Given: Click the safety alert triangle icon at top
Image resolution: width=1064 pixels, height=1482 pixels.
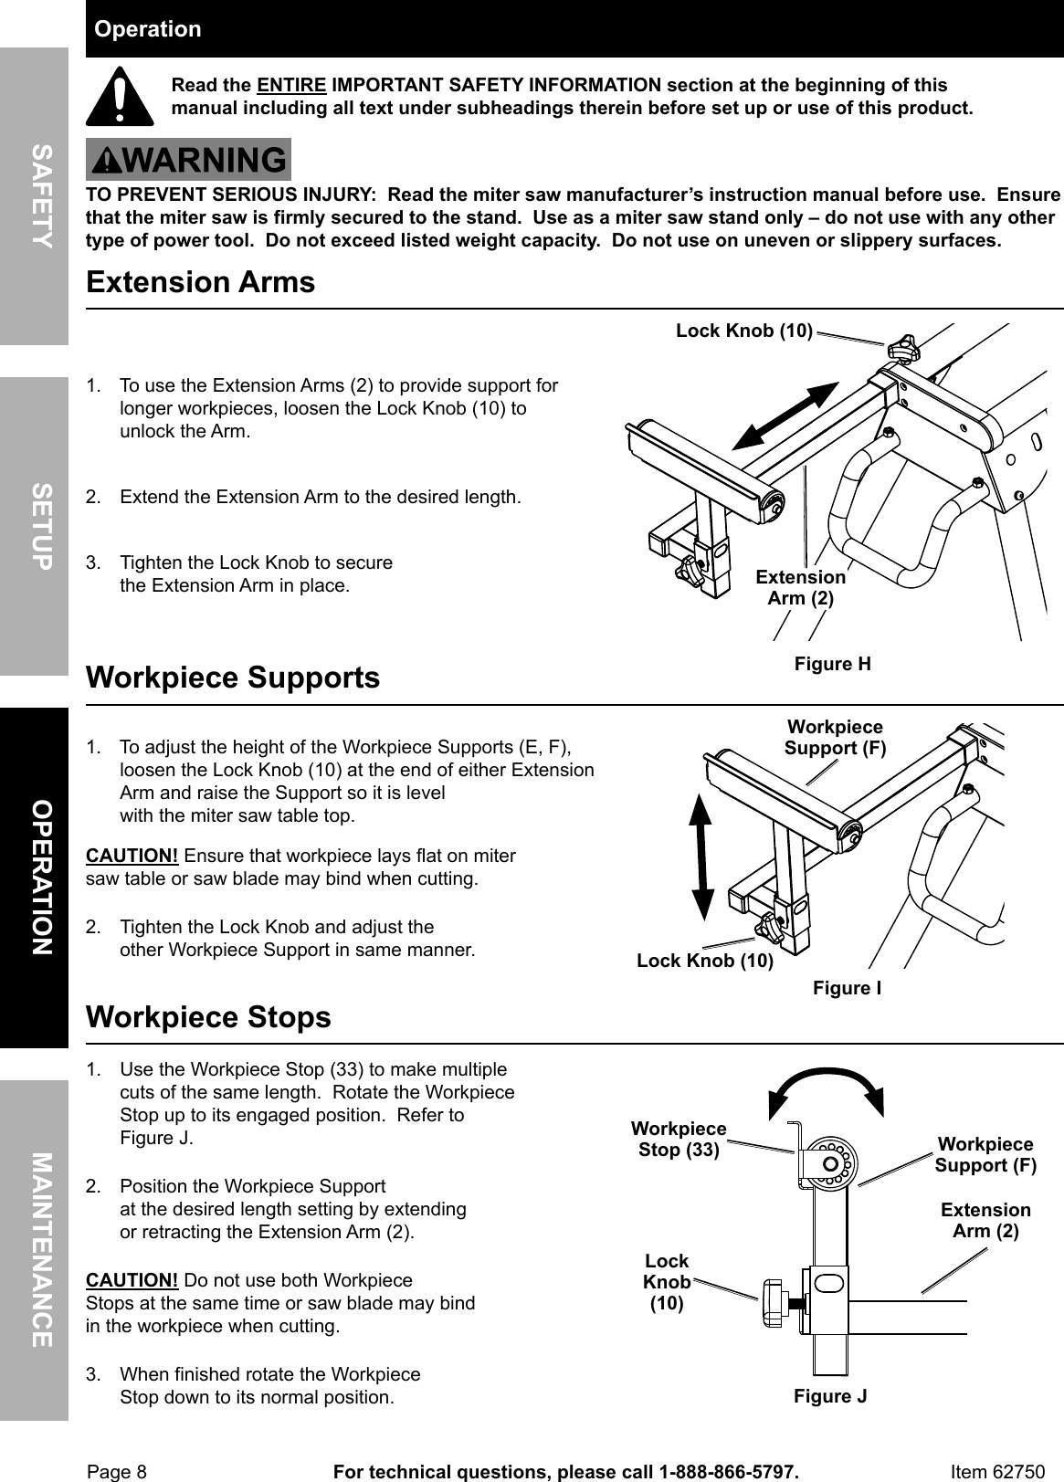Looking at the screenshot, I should [x=120, y=99].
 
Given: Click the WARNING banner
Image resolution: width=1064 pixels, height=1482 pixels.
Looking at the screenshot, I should [x=189, y=161].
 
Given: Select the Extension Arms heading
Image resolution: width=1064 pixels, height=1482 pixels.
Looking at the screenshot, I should [x=200, y=282].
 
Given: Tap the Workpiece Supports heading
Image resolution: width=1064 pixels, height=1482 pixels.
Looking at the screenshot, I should [x=233, y=678].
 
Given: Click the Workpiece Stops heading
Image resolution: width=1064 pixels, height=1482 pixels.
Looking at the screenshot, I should [x=208, y=1017].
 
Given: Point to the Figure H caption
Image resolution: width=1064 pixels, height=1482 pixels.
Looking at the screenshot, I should [x=832, y=664].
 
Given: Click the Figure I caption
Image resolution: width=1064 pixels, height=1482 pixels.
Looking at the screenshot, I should [x=847, y=988].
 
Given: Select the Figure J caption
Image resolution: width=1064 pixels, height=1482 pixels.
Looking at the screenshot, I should [x=830, y=1396].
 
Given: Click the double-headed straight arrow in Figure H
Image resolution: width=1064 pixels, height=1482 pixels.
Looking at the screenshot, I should [x=785, y=416].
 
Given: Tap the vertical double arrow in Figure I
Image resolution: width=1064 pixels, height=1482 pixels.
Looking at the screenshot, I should [x=701, y=857].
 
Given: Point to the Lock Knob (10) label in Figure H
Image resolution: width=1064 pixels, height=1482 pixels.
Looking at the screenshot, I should [x=743, y=331].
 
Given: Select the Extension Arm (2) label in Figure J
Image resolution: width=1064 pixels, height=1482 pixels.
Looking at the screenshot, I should [x=985, y=1220].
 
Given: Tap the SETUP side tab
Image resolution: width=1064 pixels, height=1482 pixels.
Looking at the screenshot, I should [x=35, y=526].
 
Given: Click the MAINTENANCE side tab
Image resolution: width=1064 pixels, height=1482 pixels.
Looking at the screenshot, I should [x=35, y=1250].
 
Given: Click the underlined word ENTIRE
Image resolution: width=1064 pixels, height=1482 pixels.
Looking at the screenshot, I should [x=291, y=86].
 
